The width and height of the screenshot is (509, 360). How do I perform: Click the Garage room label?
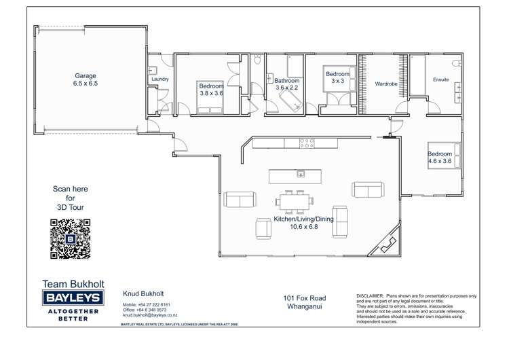point(86,75)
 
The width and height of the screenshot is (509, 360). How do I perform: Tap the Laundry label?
point(160,79)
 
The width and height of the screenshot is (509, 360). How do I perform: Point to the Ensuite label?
point(440,79)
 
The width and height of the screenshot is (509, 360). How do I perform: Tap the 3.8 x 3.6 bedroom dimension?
point(210,93)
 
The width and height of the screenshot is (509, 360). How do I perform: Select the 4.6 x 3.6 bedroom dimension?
point(440,162)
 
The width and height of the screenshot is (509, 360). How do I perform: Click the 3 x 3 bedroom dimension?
point(337,81)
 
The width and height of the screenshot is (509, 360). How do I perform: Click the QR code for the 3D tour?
point(71,239)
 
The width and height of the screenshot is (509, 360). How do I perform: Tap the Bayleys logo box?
point(73,298)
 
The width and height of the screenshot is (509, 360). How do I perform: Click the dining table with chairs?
point(295,200)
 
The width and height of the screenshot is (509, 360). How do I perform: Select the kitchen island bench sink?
point(299,175)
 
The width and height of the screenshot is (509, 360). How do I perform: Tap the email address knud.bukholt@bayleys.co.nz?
point(150,315)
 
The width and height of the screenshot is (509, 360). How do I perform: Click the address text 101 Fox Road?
point(304,298)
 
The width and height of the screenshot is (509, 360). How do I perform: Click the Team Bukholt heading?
point(73,283)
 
